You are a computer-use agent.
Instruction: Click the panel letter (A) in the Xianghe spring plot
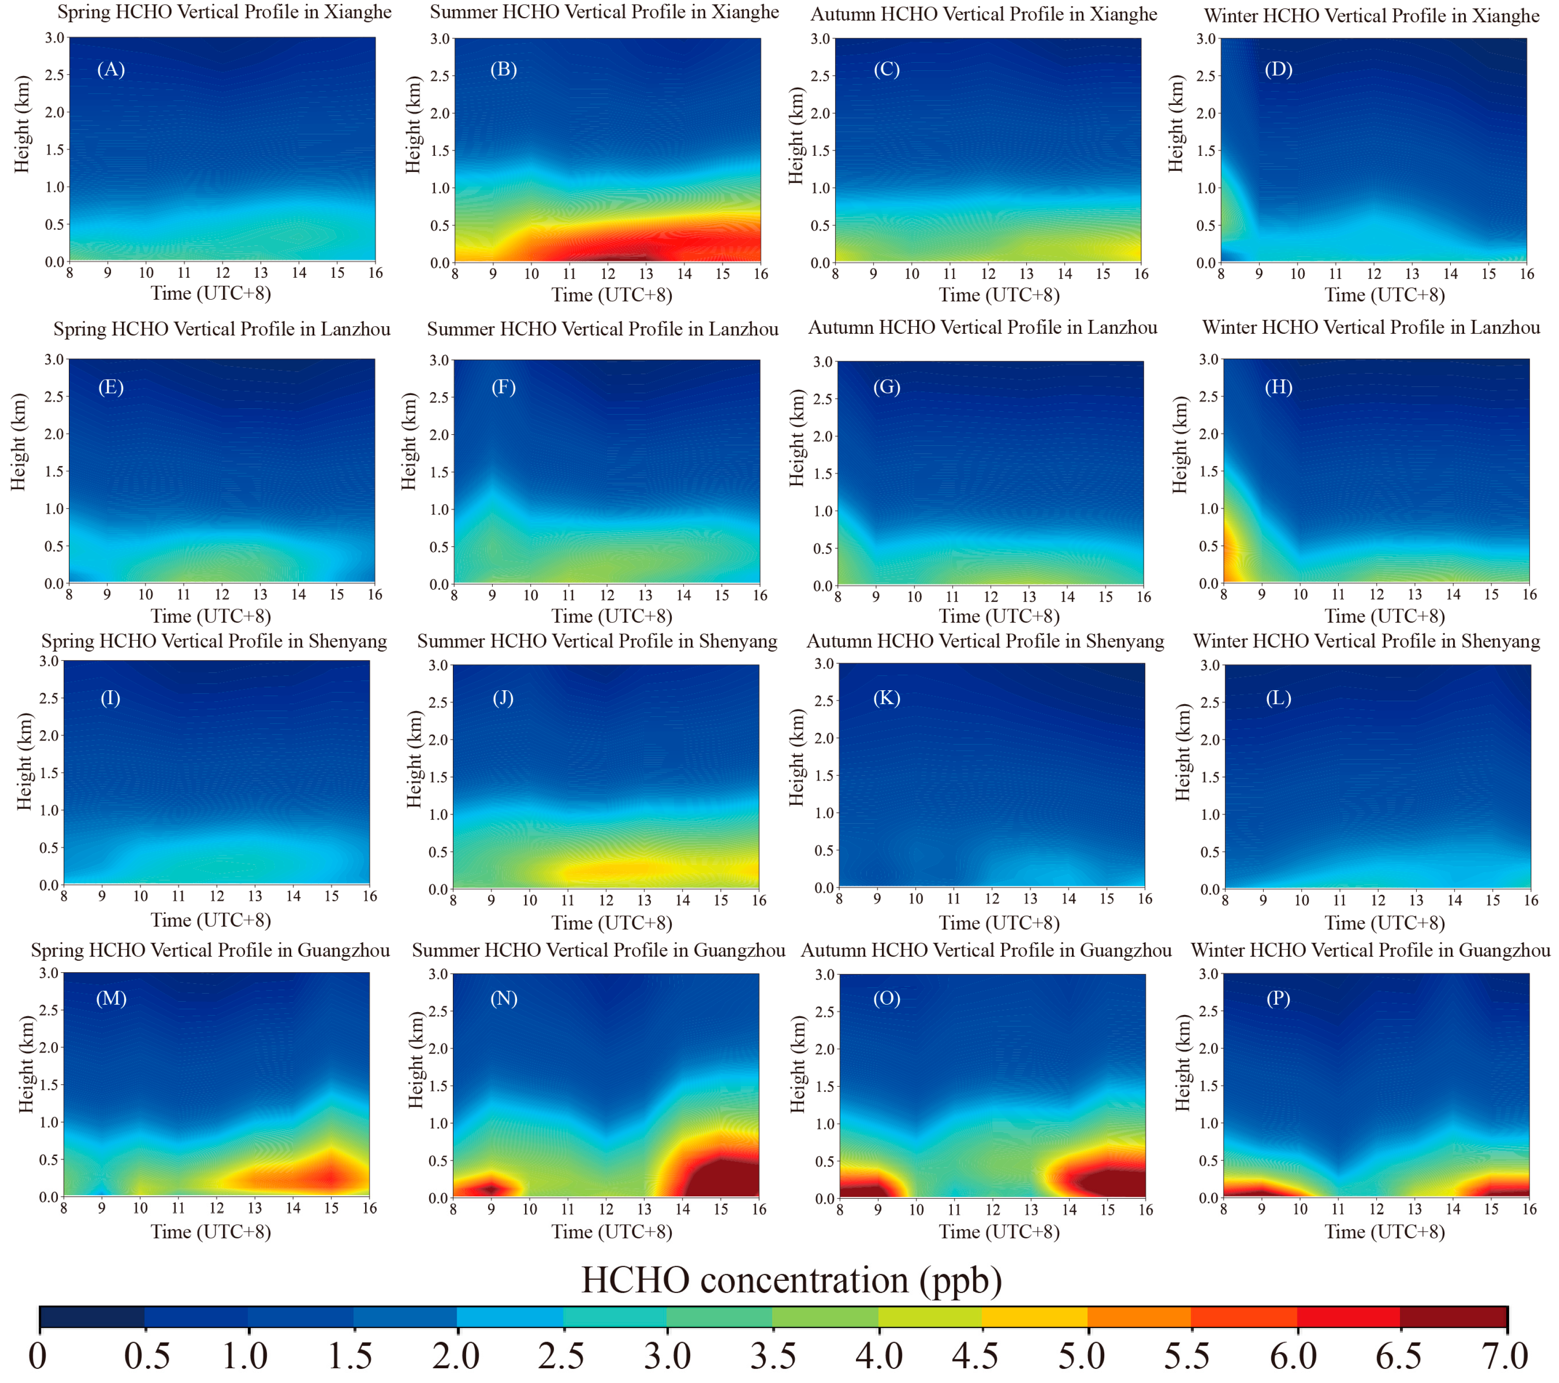[x=111, y=69]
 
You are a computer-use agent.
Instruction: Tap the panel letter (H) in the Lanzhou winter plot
[x=1278, y=387]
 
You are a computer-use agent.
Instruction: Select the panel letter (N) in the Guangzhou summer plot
[x=503, y=998]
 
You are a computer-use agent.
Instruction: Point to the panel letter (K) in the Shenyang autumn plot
[x=886, y=698]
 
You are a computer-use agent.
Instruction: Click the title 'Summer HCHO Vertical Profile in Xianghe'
[x=604, y=12]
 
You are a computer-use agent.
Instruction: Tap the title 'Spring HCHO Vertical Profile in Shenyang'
[x=214, y=641]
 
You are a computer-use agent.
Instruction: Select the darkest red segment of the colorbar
[x=1453, y=1317]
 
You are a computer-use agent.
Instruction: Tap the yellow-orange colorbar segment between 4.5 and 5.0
[x=1034, y=1317]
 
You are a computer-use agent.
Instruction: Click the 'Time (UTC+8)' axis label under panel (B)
[x=612, y=295]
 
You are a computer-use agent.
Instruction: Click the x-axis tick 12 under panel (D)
[x=1374, y=274]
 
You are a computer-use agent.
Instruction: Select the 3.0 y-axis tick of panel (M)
[x=49, y=973]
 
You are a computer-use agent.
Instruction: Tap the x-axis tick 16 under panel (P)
[x=1529, y=1209]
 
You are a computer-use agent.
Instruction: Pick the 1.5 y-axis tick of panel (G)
[x=822, y=474]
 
